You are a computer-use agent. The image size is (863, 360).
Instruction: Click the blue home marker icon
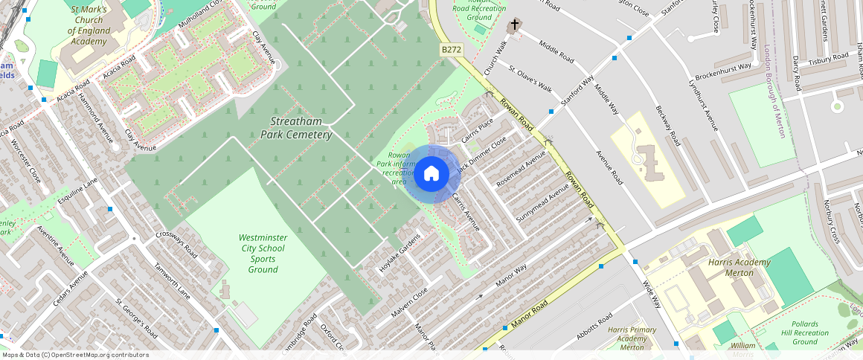[431, 174]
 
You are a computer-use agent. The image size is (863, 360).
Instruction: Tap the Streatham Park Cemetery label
[301, 127]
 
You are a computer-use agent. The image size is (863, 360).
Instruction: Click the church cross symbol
[514, 27]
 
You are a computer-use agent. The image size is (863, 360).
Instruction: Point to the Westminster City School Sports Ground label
[262, 253]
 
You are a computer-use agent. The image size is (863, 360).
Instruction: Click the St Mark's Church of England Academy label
[89, 25]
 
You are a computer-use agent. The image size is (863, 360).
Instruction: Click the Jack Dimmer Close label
[481, 152]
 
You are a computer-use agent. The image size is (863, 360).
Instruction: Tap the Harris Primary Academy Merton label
[632, 338]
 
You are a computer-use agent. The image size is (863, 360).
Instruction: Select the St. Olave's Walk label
[530, 78]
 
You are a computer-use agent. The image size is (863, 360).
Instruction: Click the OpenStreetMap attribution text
[75, 355]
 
